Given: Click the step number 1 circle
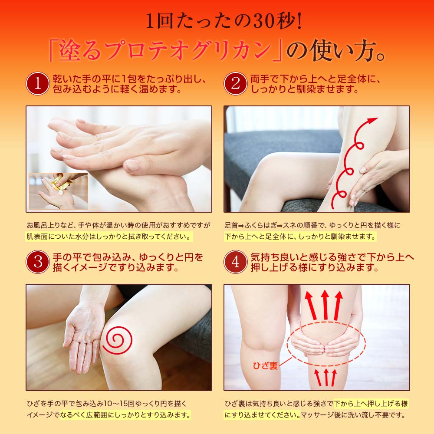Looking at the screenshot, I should [x=37, y=83].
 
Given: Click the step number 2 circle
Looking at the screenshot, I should [x=235, y=83].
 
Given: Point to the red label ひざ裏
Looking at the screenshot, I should [x=265, y=366].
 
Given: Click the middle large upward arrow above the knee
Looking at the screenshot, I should [x=325, y=304].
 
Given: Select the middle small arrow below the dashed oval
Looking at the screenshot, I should [x=325, y=377].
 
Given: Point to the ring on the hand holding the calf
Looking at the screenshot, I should [x=364, y=190].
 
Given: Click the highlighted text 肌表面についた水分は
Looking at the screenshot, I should [x=65, y=237].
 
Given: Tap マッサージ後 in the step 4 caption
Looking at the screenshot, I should [x=323, y=415].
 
